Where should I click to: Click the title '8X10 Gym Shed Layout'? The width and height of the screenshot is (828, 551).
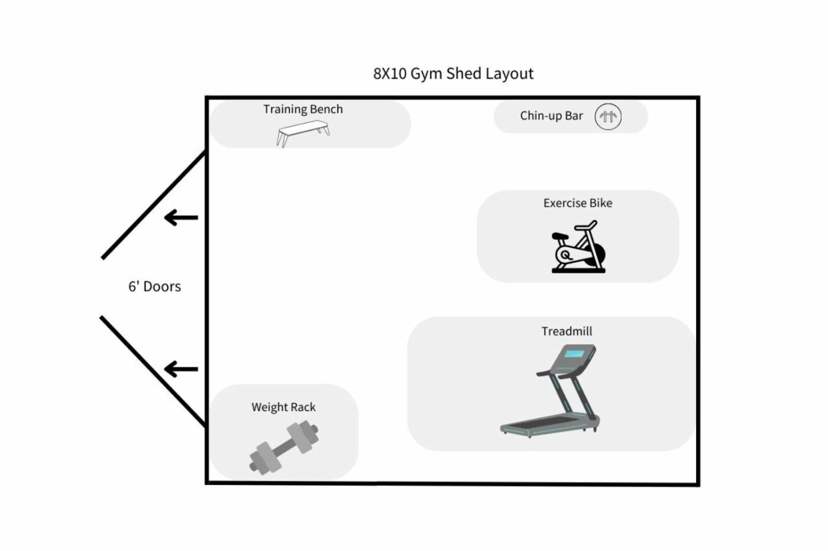click(453, 73)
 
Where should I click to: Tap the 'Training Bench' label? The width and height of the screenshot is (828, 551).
click(303, 109)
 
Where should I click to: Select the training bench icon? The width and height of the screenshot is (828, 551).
click(303, 133)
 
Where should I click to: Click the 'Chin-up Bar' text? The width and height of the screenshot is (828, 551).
click(551, 116)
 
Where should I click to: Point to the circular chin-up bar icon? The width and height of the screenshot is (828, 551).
click(608, 116)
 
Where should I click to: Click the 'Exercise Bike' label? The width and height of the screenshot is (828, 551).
click(578, 203)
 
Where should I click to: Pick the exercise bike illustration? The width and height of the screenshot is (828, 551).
click(578, 247)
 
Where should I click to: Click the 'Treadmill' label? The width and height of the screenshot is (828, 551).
click(567, 331)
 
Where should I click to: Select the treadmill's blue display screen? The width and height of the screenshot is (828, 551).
click(574, 354)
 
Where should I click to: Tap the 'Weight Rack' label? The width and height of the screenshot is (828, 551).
click(283, 407)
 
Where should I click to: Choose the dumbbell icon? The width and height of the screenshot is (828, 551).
click(283, 447)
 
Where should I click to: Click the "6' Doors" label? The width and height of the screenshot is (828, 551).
click(154, 286)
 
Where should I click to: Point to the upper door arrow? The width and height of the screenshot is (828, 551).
click(181, 218)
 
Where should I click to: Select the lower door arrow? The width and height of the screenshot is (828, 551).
click(181, 370)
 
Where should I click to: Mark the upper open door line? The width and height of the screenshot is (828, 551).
click(153, 206)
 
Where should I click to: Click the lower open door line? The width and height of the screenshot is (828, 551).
click(153, 371)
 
